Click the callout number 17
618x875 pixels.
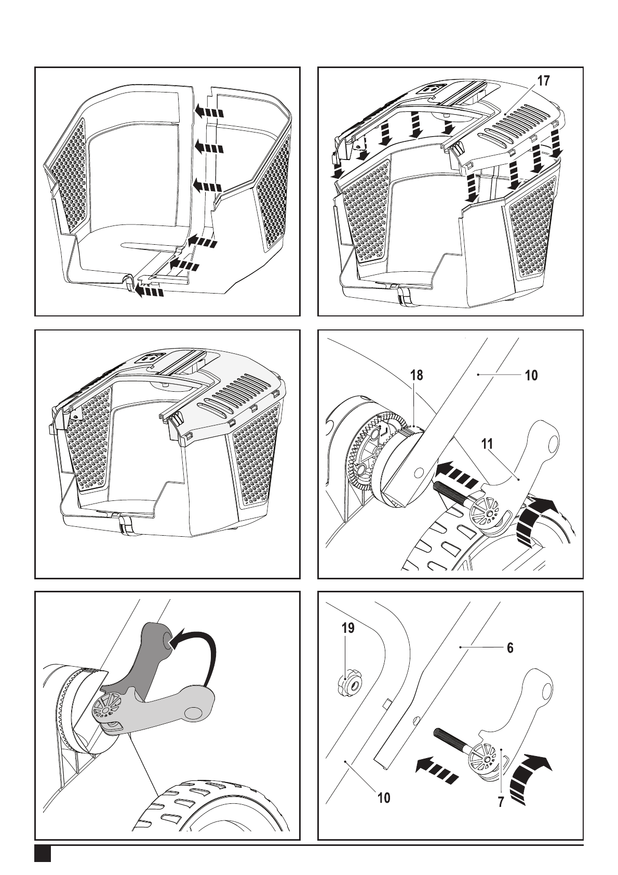pyautogui.click(x=543, y=81)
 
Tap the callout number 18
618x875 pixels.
pyautogui.click(x=417, y=375)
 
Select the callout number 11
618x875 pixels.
pyautogui.click(x=487, y=444)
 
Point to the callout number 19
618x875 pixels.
pyautogui.click(x=348, y=628)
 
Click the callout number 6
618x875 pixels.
pyautogui.click(x=510, y=648)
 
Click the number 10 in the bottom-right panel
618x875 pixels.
pyautogui.click(x=384, y=787)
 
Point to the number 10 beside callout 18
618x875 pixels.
pyautogui.click(x=531, y=375)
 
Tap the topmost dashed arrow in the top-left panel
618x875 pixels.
pyautogui.click(x=209, y=112)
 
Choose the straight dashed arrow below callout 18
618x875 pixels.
pyautogui.click(x=456, y=473)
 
